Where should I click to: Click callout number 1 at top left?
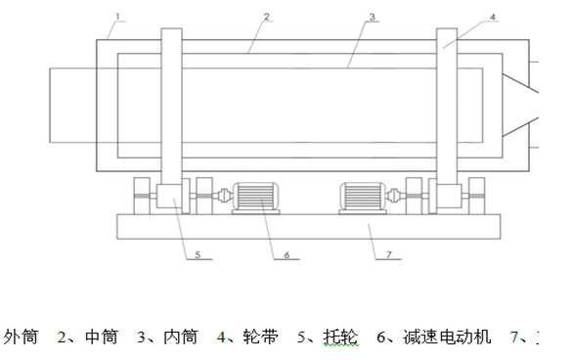[x=117, y=17]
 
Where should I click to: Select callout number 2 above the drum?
[x=266, y=17]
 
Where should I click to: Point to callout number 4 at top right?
[x=493, y=17]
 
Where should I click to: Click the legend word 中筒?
[x=102, y=337]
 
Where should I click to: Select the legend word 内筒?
[x=180, y=337]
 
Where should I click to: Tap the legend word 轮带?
[x=260, y=337]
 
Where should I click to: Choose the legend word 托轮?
[x=340, y=337]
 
